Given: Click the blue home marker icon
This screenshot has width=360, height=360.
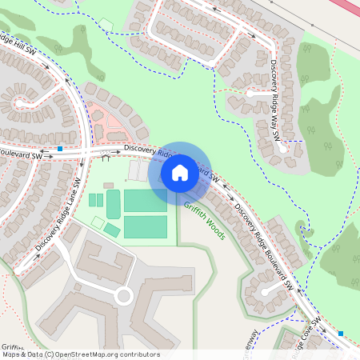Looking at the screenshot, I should pyautogui.click(x=180, y=172).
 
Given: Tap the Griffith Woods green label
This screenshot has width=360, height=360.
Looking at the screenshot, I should pyautogui.click(x=205, y=220).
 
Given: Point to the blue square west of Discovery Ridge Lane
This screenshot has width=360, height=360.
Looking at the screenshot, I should pyautogui.click(x=60, y=148).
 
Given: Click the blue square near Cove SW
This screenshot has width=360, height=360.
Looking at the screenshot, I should pyautogui.click(x=341, y=333).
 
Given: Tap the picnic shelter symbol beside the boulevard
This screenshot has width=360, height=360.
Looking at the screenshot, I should pyautogui.click(x=105, y=158).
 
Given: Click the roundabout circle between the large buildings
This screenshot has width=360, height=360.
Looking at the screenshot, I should pyautogui.click(x=123, y=297).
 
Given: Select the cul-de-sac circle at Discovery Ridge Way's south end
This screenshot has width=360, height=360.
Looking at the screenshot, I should pyautogui.click(x=282, y=147).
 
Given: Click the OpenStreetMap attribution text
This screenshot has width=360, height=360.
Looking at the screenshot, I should pyautogui.click(x=80, y=354).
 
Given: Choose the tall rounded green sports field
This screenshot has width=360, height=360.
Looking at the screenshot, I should pyautogui.click(x=113, y=204).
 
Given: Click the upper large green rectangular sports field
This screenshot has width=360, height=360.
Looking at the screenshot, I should pyautogui.click(x=146, y=200).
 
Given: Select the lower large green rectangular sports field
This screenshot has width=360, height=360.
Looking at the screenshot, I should pyautogui.click(x=146, y=227).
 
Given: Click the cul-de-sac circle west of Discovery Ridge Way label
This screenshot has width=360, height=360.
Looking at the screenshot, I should pyautogui.click(x=250, y=94).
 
